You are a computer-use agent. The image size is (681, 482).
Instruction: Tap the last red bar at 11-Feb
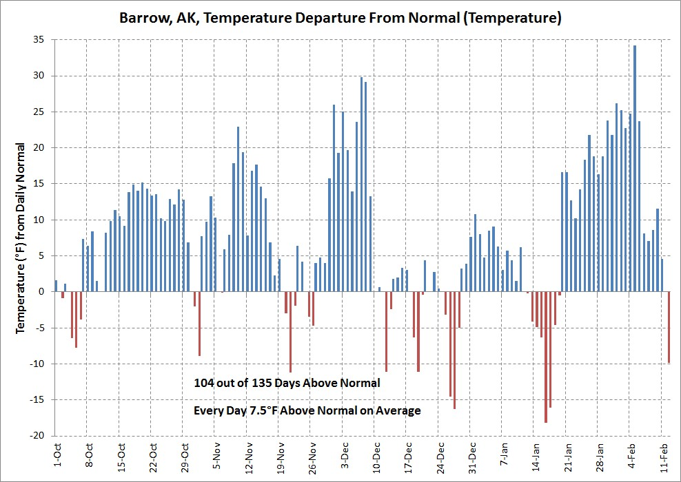pyautogui.click(x=669, y=327)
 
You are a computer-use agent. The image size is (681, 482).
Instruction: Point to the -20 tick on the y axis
pyautogui.click(x=39, y=436)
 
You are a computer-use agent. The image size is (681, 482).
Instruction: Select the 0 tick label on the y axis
pyautogui.click(x=43, y=292)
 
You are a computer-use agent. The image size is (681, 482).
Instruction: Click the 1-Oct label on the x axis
pyautogui.click(x=57, y=455)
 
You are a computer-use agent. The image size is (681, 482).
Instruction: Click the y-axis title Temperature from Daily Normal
pyautogui.click(x=21, y=238)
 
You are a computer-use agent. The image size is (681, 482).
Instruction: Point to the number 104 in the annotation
pyautogui.click(x=205, y=382)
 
